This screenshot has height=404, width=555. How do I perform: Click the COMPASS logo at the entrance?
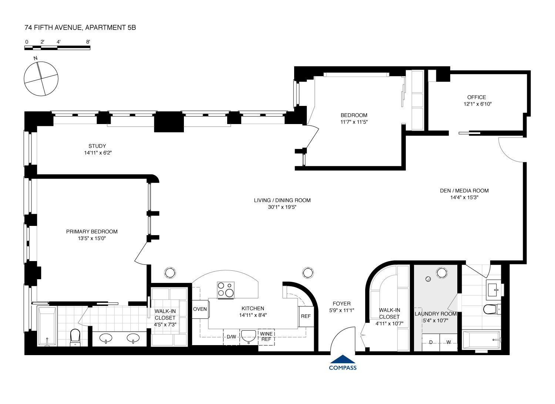tap(343, 363)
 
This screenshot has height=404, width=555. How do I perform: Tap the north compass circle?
tap(41, 79)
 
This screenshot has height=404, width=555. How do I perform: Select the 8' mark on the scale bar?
tap(88, 42)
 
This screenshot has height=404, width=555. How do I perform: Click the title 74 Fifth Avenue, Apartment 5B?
tap(80, 27)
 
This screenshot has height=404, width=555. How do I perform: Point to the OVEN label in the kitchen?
tap(200, 309)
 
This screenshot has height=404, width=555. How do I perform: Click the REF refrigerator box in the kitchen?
tap(306, 316)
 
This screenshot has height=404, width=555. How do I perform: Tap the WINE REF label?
tap(266, 337)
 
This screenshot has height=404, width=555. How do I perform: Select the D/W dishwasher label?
tap(231, 337)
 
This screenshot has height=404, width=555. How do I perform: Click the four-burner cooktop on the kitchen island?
tap(226, 290)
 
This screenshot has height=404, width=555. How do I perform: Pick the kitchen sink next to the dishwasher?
tap(249, 336)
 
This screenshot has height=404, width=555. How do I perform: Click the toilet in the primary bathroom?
tap(75, 337)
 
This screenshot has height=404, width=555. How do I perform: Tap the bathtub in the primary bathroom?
tap(47, 326)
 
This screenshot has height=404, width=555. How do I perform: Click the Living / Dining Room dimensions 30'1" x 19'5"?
tap(282, 207)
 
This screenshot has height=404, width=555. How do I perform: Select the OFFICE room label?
tap(477, 97)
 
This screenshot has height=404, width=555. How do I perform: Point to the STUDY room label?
tap(97, 146)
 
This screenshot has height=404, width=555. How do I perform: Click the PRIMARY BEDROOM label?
tap(92, 232)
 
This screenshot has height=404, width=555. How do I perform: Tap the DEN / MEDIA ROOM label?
tap(464, 191)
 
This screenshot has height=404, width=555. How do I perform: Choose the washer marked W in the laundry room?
tap(448, 343)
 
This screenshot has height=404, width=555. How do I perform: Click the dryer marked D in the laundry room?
tap(431, 343)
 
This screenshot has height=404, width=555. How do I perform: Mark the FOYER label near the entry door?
tap(342, 304)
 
